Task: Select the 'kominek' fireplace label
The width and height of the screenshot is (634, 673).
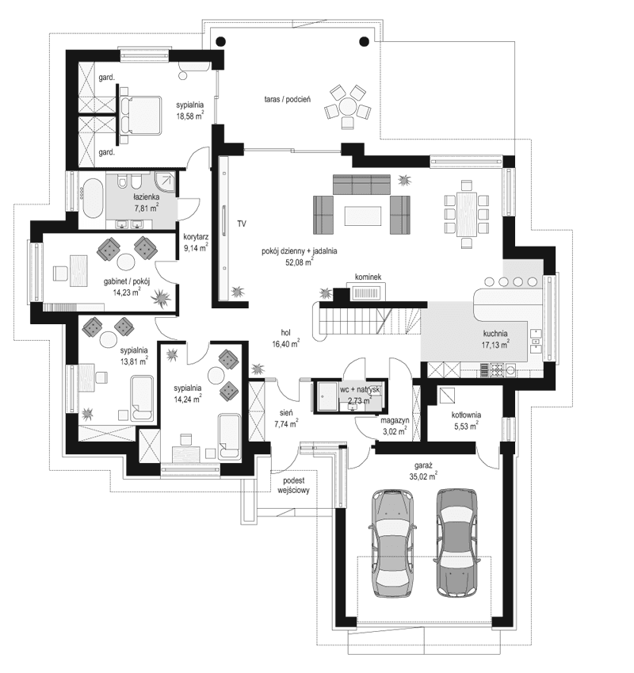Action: coord(369,277)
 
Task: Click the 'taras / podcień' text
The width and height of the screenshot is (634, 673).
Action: coord(287,99)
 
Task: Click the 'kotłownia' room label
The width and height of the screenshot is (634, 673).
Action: coord(468,415)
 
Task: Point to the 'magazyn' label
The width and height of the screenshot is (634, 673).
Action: coord(393,420)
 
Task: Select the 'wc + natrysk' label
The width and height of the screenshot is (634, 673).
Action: coord(361,390)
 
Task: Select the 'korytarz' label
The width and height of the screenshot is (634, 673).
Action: coord(195,236)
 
